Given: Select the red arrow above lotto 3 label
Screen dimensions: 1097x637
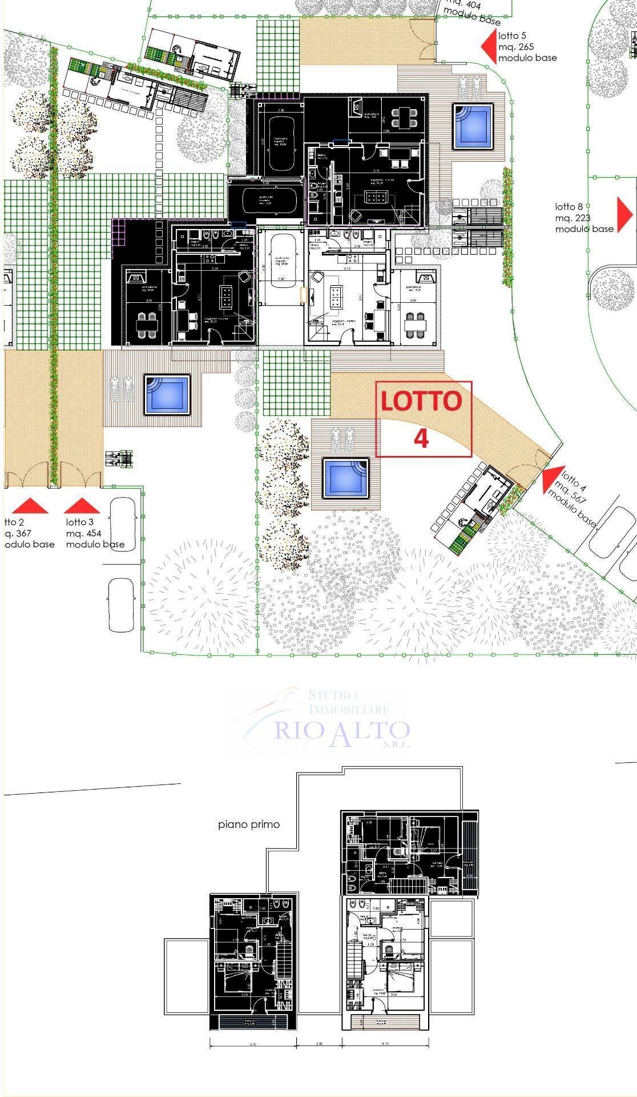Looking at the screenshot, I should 82,506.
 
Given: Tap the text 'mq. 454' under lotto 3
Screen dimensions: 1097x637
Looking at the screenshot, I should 83,534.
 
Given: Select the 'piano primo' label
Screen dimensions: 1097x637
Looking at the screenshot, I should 249,824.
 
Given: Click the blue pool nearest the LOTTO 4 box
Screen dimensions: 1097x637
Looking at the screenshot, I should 345,478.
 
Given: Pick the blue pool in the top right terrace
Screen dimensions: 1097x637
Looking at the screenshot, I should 473,125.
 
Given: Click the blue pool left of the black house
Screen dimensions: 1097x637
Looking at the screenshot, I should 166,394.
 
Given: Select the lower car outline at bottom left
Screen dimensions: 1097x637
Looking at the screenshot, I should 120,604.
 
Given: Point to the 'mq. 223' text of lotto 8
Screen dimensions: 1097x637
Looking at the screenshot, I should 573,218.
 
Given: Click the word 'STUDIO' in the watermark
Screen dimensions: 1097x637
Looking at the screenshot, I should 332,695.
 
